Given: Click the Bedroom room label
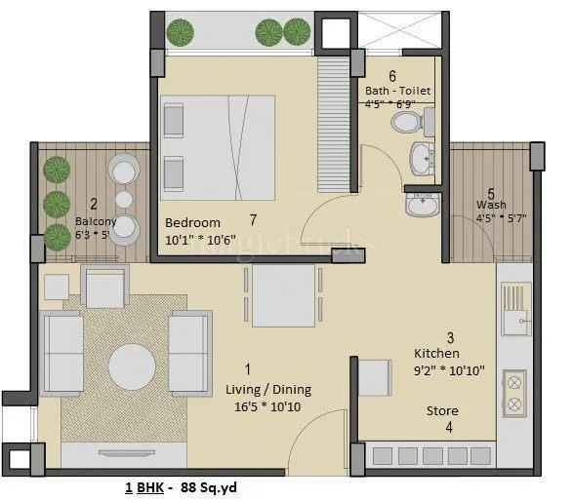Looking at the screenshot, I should click(192, 222).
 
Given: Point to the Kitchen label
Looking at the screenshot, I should click(436, 353).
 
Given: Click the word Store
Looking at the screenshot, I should click(442, 411).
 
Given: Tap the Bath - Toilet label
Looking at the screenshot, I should click(397, 91).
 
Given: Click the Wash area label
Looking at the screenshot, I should click(490, 206).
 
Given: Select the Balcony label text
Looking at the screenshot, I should click(96, 221).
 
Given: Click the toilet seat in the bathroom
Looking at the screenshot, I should click(406, 122).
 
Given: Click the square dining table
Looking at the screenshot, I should click(283, 295).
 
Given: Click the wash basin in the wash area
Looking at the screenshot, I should click(423, 206).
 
